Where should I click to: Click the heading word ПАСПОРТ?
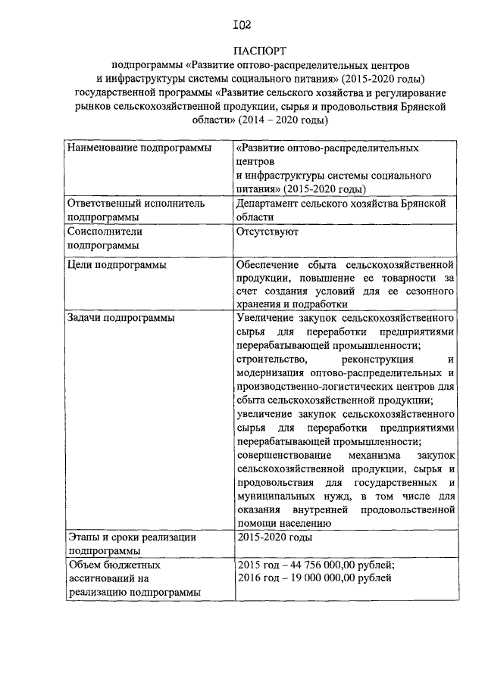pos(242,51)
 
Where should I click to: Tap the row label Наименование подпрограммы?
pos(139,148)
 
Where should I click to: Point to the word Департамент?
pos(270,204)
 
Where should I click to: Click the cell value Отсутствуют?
pos(267,232)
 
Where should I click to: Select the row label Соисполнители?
pos(105,232)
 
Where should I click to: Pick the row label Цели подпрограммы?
pos(117,265)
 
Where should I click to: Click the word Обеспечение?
pos(269,265)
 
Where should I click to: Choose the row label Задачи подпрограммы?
pos(121,318)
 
